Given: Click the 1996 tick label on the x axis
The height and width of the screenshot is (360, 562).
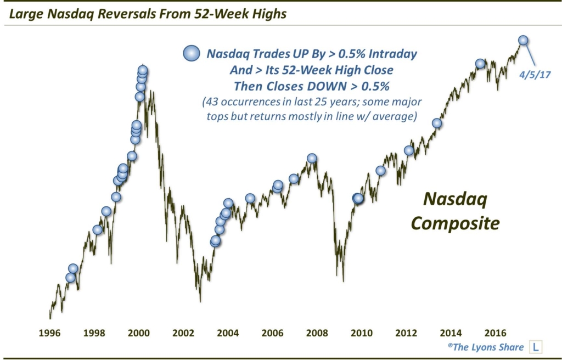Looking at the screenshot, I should [50, 333].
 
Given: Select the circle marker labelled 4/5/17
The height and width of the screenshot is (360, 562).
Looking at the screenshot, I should [523, 40].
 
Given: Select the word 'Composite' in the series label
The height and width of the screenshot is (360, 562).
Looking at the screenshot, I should [456, 223].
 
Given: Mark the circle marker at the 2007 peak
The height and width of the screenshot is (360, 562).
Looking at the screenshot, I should [312, 158].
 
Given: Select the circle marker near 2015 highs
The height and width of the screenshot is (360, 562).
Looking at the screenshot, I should [480, 64].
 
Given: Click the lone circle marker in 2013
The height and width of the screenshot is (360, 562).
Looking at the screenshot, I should [437, 123].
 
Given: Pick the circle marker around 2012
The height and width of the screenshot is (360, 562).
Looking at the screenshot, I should [409, 150].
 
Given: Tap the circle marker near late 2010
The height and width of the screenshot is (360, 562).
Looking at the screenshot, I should [381, 171].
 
